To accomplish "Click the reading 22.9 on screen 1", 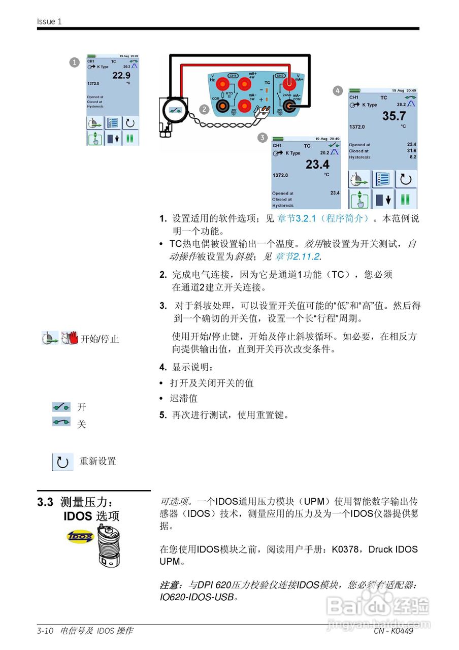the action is click(121, 76).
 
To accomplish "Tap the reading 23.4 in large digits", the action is click(317, 164).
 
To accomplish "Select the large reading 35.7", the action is click(394, 116).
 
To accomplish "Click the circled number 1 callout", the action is click(74, 62).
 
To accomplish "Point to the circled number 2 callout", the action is click(204, 109).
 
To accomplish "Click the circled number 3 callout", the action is click(262, 137).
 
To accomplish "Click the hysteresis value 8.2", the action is click(412, 157).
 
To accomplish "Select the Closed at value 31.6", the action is click(411, 151).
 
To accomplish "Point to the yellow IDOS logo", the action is click(80, 536).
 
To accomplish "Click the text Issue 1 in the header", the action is click(49, 21).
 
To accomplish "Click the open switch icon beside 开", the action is click(61, 407).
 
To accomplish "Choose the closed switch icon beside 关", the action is click(61, 421).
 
